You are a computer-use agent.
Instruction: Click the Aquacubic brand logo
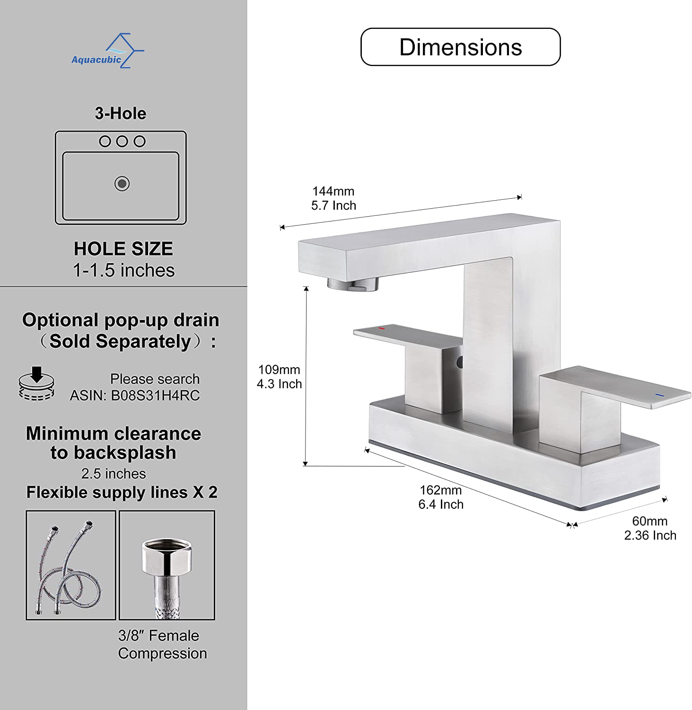click(107, 51)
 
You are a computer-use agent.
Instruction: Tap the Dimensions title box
click(460, 47)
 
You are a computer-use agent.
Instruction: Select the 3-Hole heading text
click(120, 114)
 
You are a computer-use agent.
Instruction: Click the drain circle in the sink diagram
click(122, 184)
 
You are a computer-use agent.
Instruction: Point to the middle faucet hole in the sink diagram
click(122, 141)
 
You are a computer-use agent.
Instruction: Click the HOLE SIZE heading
click(123, 249)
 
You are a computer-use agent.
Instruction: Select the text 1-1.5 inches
click(123, 271)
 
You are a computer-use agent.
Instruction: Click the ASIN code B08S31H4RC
click(155, 396)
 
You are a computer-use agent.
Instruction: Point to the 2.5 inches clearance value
click(114, 474)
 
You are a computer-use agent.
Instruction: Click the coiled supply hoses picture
click(71, 565)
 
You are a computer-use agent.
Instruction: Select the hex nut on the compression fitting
click(167, 557)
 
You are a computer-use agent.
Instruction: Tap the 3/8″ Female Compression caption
click(162, 645)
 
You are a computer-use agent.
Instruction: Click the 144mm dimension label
click(333, 192)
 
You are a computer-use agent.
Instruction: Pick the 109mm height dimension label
click(279, 370)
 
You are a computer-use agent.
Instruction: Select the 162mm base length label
click(440, 490)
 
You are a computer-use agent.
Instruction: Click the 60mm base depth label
click(649, 522)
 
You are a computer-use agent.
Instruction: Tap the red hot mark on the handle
click(381, 328)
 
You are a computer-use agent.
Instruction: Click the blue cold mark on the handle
click(659, 395)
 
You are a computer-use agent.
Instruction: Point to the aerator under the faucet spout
click(353, 284)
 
